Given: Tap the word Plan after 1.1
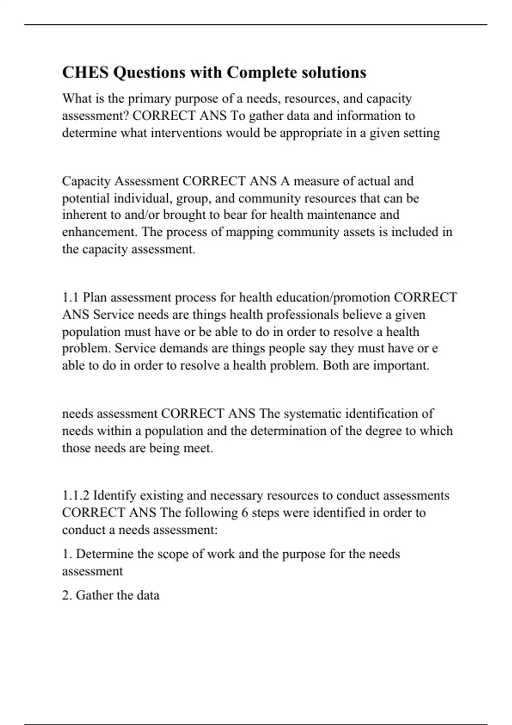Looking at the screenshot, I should pos(94,297).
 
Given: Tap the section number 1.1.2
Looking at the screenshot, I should pos(76,496).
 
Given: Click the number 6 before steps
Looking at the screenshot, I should pos(244,513).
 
